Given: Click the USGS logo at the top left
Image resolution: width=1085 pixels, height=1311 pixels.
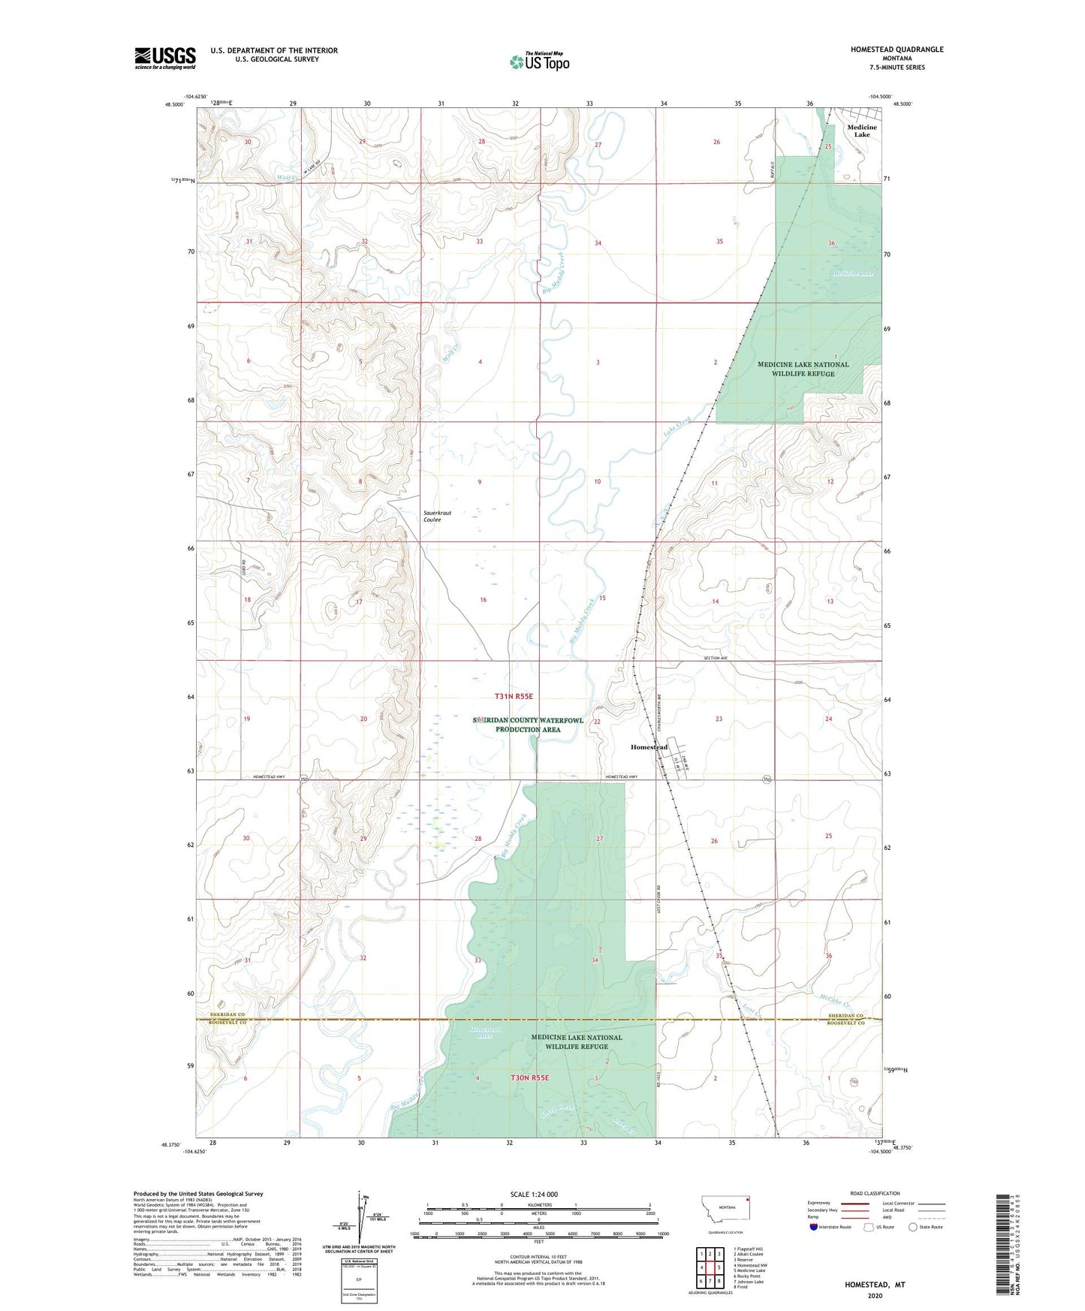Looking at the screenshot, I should click(x=164, y=58).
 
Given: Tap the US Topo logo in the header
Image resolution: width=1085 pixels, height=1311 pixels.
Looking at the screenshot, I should click(x=539, y=62).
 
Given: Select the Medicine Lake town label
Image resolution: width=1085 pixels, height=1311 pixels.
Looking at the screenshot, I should click(x=861, y=131).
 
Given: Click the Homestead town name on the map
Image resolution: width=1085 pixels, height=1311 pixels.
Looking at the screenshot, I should click(x=649, y=747).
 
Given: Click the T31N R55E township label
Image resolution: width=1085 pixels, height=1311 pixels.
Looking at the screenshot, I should click(x=513, y=697).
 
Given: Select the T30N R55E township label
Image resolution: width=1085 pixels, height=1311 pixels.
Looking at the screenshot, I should click(x=529, y=1077).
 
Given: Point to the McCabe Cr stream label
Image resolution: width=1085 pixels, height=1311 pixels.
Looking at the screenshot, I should click(x=835, y=1005).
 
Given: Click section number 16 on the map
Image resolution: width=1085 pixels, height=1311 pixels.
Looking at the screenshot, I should click(x=483, y=600).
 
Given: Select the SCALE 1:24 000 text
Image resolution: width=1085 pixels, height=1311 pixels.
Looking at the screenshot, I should click(x=534, y=1194).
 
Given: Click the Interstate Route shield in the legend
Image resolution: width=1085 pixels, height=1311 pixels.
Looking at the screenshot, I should click(x=814, y=1227).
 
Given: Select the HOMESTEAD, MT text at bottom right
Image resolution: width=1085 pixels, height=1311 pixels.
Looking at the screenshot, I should click(x=875, y=1284).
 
